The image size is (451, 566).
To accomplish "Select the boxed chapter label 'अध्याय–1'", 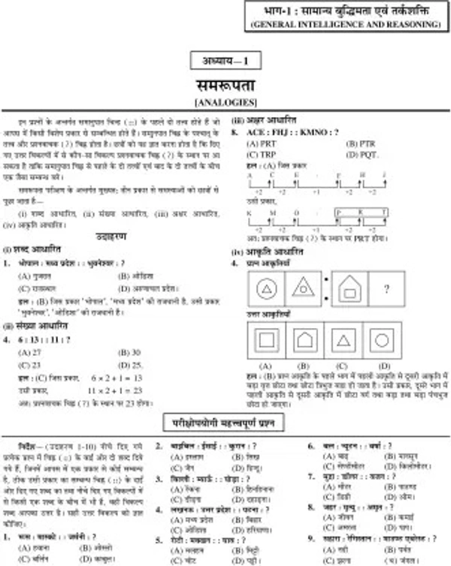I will pyautogui.click(x=225, y=62).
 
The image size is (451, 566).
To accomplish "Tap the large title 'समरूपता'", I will pyautogui.click(x=225, y=82).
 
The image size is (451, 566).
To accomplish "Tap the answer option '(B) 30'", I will pyautogui.click(x=130, y=351).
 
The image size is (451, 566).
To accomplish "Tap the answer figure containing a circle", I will pyautogui.click(x=382, y=340).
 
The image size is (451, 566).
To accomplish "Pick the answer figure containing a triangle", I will pyautogui.click(x=343, y=340).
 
